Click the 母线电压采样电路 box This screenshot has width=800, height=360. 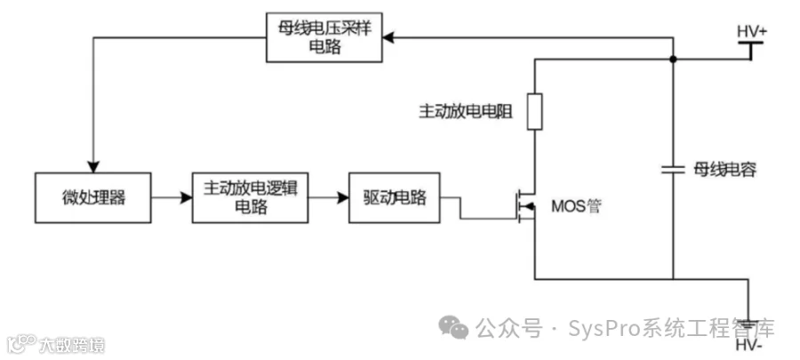click(324, 38)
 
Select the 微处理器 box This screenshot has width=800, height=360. click(92, 198)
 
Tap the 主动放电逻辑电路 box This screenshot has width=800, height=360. click(250, 198)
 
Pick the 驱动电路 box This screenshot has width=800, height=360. click(395, 198)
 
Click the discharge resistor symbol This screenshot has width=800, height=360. click(535, 112)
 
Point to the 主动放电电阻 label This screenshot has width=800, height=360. click(465, 112)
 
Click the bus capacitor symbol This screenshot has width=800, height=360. click(673, 169)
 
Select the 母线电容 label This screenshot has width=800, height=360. click(725, 170)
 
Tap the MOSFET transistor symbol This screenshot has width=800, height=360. click(525, 205)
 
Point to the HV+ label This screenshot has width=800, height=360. click(751, 31)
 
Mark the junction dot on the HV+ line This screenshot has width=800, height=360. click(673, 60)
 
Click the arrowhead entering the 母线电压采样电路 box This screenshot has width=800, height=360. click(388, 37)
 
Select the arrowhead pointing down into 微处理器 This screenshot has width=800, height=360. click(92, 166)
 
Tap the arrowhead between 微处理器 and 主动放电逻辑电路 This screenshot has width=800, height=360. click(187, 198)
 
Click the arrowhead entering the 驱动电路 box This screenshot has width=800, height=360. click(343, 198)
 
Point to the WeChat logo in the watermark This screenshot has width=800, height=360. click(453, 327)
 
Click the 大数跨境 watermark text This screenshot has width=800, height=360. click(72, 346)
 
